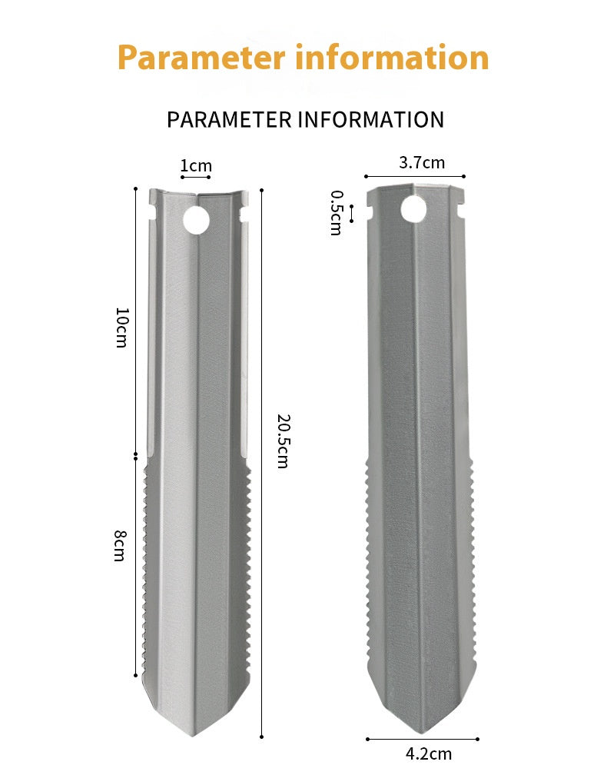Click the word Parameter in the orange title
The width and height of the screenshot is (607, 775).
click(x=201, y=58)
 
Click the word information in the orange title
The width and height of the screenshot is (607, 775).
click(x=392, y=58)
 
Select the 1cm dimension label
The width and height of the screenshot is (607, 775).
click(x=196, y=165)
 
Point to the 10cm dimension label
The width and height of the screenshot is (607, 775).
click(x=121, y=328)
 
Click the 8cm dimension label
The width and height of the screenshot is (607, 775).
click(x=120, y=546)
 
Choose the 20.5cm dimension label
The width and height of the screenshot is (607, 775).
click(x=283, y=441)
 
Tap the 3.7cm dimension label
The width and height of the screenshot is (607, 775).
click(x=422, y=163)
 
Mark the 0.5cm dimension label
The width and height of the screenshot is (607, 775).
click(x=336, y=213)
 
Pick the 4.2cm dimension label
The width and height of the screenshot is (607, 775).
click(x=429, y=753)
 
